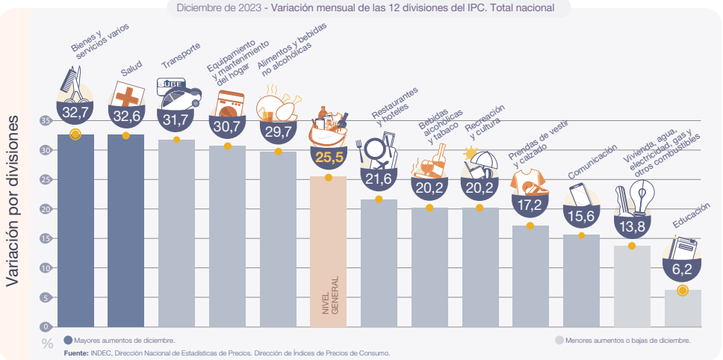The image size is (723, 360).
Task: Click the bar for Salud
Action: pyautogui.click(x=125, y=232)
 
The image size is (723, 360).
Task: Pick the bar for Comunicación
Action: pyautogui.click(x=581, y=281)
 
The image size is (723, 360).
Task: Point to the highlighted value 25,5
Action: pyautogui.click(x=329, y=157)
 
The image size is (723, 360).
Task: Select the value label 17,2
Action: pyautogui.click(x=530, y=202)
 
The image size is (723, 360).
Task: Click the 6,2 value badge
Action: pyautogui.click(x=681, y=267)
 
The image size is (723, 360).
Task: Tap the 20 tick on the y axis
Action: pyautogui.click(x=46, y=209)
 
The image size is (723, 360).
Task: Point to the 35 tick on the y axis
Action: pyautogui.click(x=46, y=120)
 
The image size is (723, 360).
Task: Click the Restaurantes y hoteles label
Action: pyautogui.click(x=396, y=106)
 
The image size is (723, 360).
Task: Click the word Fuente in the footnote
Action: pyautogui.click(x=77, y=352)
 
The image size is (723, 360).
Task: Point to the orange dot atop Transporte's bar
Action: pyautogui.click(x=176, y=140)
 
